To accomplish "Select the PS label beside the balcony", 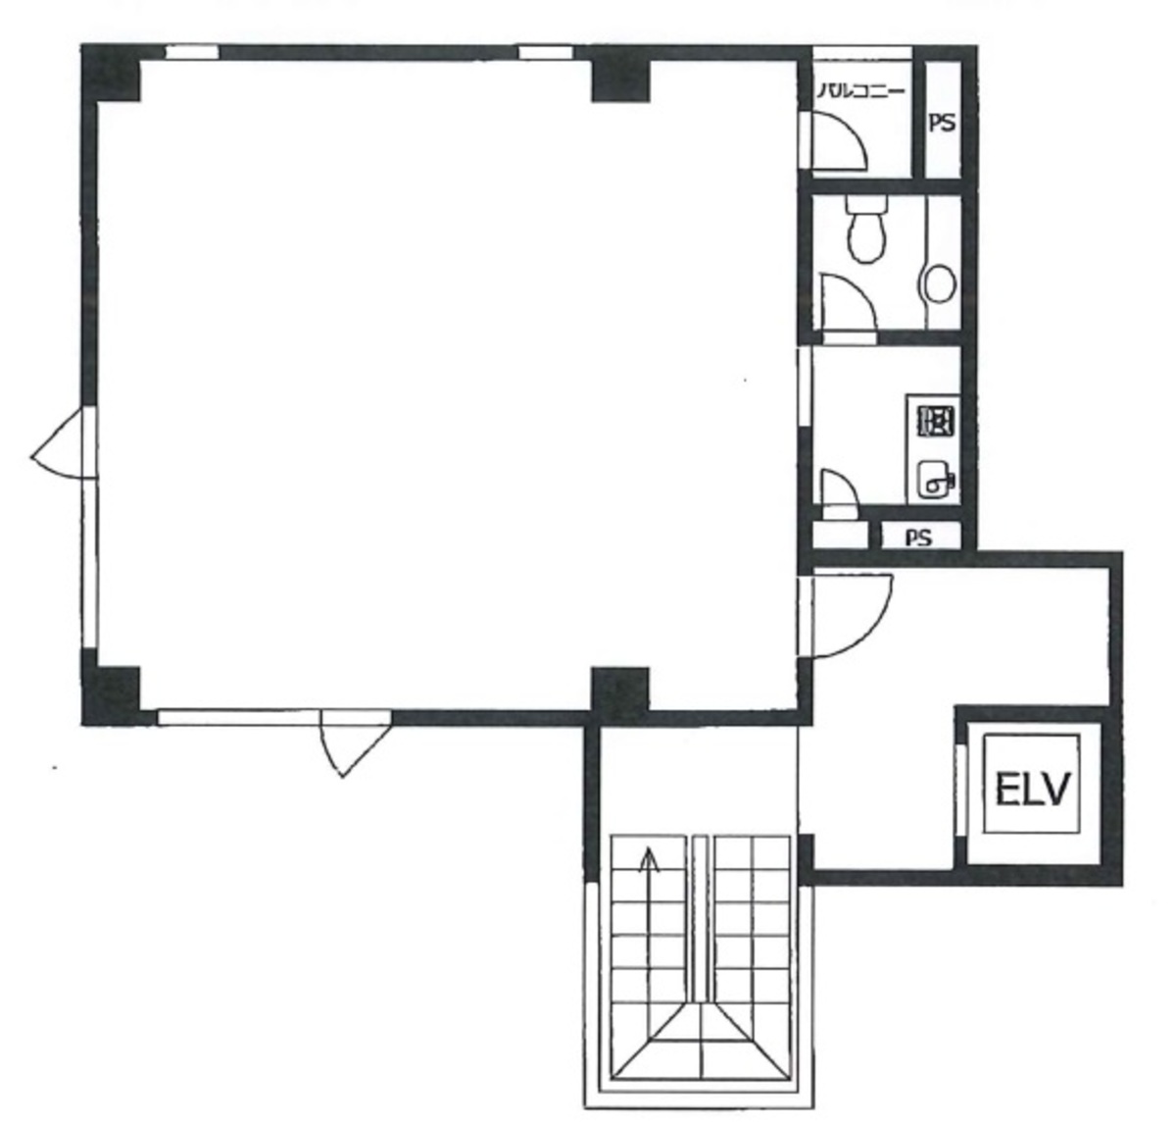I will coord(943,125).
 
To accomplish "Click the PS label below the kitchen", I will coord(918,537).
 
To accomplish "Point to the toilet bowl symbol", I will coord(866,230).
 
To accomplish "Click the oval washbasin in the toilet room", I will coord(939,283).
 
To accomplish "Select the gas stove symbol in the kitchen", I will coord(934,421).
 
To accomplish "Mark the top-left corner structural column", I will coord(110,74).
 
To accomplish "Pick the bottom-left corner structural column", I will coord(110,693).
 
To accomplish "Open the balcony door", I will coord(838,140).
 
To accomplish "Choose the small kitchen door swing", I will coord(838,490).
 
